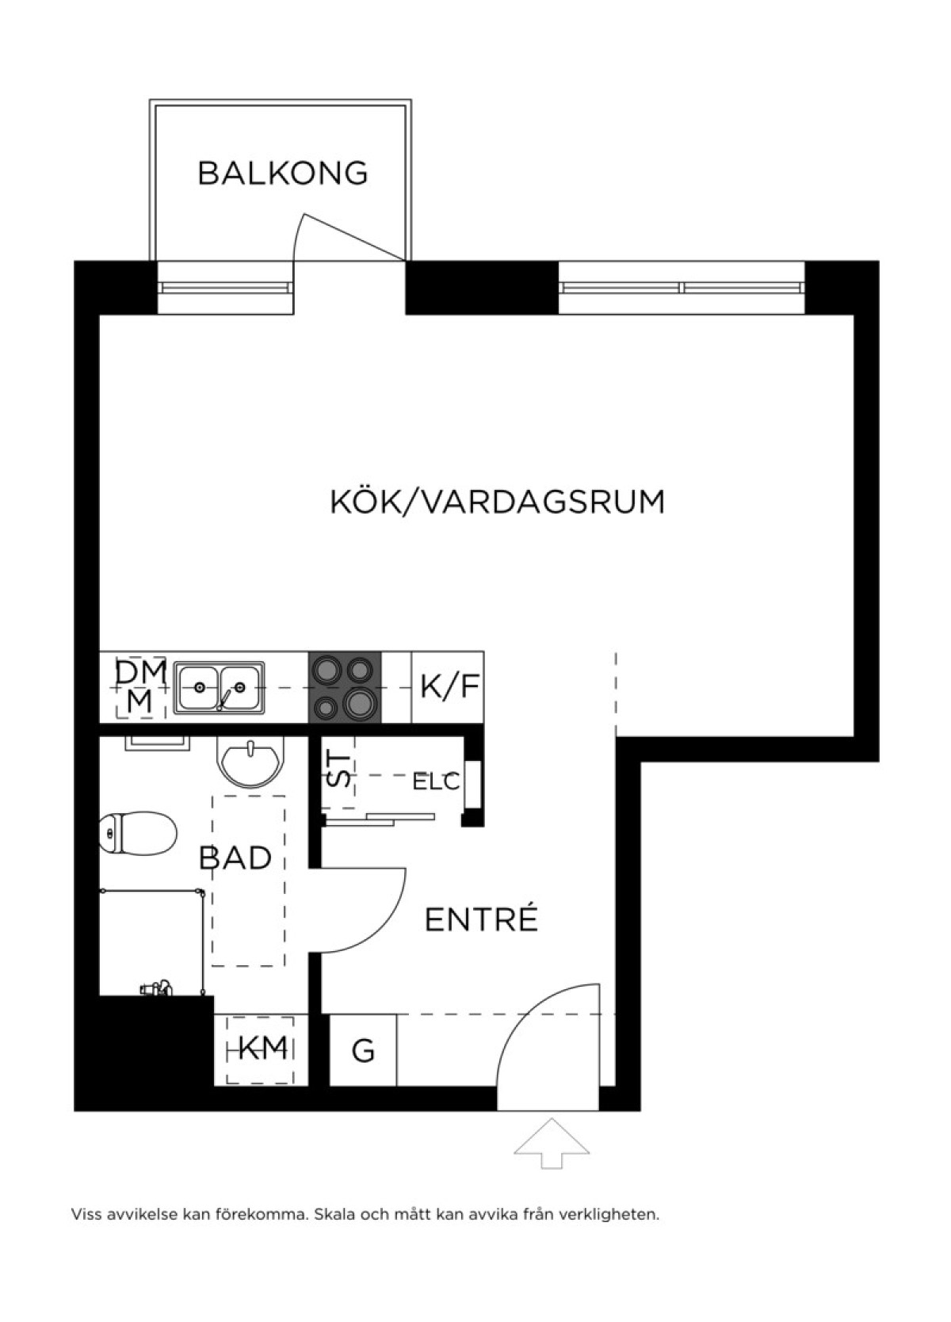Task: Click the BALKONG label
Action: [x=283, y=174]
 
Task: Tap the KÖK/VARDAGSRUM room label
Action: [x=498, y=501]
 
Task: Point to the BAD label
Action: [x=235, y=858]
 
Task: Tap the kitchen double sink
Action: [x=219, y=688]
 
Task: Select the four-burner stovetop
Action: [x=345, y=687]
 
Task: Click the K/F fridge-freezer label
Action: [x=449, y=686]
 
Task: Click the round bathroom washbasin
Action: [x=250, y=762]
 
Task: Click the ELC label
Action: [x=436, y=782]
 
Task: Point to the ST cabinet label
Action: [x=338, y=770]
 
